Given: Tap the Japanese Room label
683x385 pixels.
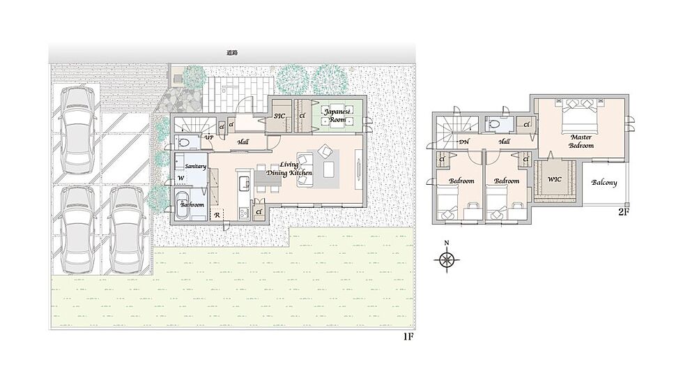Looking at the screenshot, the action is [337, 116].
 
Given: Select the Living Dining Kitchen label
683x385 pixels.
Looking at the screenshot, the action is [289, 169].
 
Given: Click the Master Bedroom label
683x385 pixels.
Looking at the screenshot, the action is [581, 142].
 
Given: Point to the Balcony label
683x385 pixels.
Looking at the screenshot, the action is [604, 182].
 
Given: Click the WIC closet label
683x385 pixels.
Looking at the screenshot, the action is [555, 179].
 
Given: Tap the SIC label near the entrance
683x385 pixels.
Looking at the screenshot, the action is [279, 116].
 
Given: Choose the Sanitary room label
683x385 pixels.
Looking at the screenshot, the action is [195, 166].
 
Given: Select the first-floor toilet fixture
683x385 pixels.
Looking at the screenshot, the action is [183, 142].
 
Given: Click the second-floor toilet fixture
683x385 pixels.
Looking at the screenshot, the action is [494, 124].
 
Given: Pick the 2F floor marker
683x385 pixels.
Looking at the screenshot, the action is [623, 213].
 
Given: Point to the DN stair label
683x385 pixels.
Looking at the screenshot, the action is [463, 142].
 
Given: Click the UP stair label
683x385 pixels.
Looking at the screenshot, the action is [209, 137].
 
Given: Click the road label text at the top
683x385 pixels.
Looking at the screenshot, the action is [232, 53].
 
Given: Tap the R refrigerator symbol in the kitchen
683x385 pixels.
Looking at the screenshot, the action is [217, 215].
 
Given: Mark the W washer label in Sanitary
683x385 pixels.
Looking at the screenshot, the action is [181, 178].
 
